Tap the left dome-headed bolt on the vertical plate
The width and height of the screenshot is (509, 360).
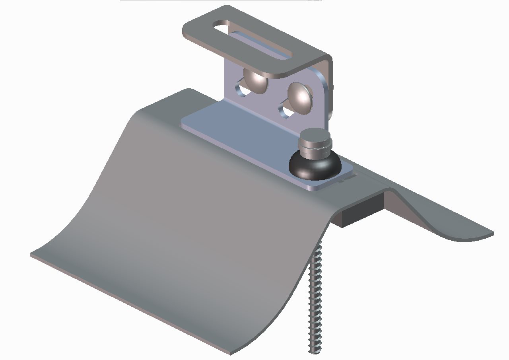point(255,80)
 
